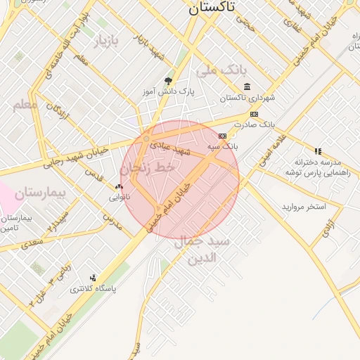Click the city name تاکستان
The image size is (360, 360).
(x=223, y=8)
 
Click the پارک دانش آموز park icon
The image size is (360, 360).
(x=167, y=81)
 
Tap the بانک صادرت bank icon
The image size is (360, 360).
(x=253, y=114)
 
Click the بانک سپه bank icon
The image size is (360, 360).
(x=223, y=136)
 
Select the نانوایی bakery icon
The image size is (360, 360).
(x=118, y=187)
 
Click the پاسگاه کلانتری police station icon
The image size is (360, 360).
(x=93, y=278)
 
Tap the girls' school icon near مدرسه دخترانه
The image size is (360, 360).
(x=319, y=151)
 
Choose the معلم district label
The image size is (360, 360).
(x=25, y=105)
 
